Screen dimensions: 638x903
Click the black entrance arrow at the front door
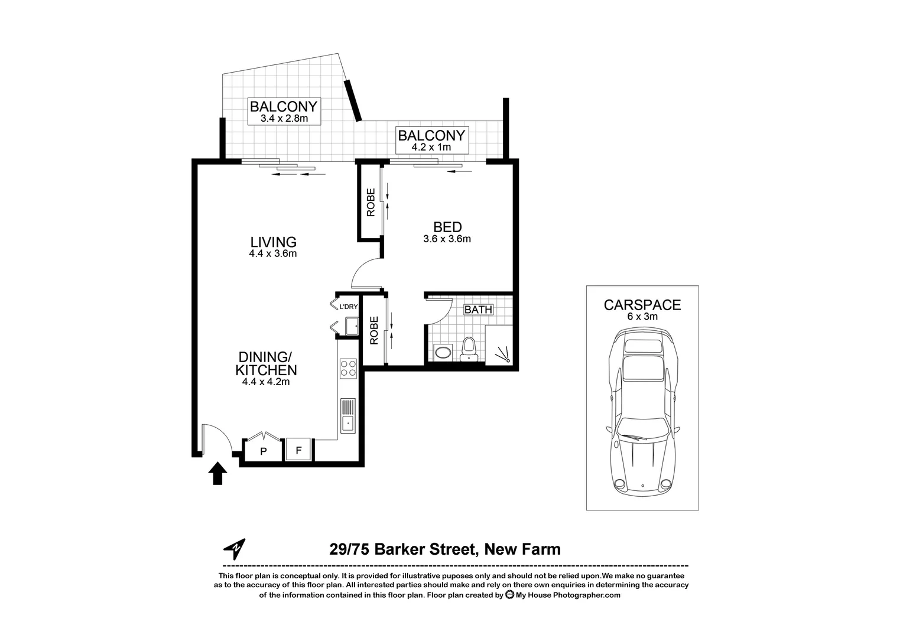click(x=218, y=473)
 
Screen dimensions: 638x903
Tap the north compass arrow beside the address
click(x=235, y=549)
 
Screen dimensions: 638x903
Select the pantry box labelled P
click(x=264, y=451)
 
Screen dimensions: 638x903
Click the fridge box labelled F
click(x=298, y=450)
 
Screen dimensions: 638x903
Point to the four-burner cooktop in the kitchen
click(x=347, y=369)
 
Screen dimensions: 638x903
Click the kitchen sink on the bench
click(x=347, y=416)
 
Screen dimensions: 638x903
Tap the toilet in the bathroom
click(x=469, y=348)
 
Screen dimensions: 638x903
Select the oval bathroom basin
click(x=441, y=353)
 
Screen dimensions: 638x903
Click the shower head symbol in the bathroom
click(x=503, y=356)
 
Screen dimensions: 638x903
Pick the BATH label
click(x=478, y=310)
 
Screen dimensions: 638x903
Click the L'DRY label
click(x=348, y=307)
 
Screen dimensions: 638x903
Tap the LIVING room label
click(x=272, y=242)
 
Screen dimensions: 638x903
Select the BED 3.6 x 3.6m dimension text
click(x=447, y=239)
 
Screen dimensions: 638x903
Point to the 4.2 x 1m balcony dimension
click(x=431, y=147)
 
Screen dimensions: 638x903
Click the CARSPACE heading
click(x=642, y=305)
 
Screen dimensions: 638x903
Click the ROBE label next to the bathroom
click(x=373, y=331)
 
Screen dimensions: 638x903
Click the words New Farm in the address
click(x=522, y=549)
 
